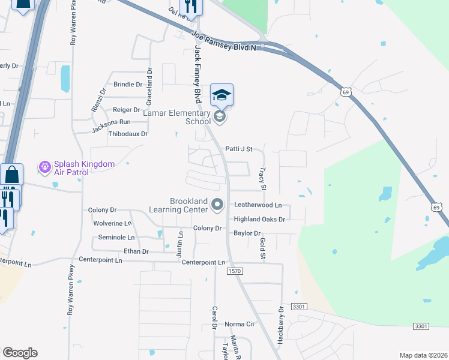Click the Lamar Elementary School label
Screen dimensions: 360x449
tap(176, 116)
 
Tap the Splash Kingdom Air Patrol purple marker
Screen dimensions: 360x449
tap(44, 167)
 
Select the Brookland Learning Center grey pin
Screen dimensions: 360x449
tap(217, 206)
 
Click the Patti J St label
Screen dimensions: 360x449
tap(239, 149)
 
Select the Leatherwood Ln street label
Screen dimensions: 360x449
tap(258, 205)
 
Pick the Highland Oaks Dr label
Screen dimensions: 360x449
tap(259, 220)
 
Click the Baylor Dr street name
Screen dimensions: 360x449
tap(247, 233)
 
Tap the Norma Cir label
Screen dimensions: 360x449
tap(240, 324)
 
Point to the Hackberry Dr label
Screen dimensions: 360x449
tap(280, 325)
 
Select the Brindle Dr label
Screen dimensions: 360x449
tap(127, 85)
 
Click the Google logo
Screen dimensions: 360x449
tap(20, 353)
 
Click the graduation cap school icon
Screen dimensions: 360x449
tap(221, 95)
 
